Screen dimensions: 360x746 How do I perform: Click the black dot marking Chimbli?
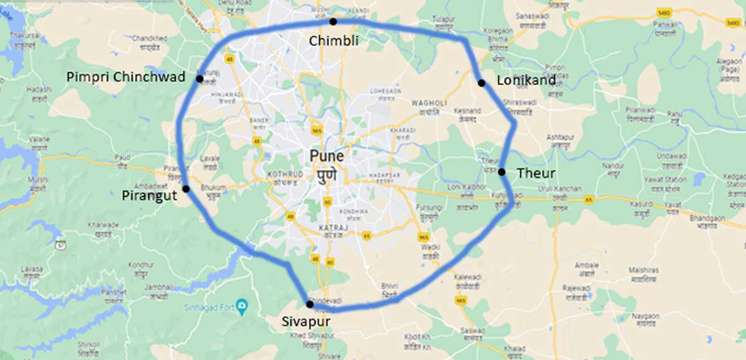333,22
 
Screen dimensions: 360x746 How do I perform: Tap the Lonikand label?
522,80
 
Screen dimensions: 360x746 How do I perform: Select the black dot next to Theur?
502,172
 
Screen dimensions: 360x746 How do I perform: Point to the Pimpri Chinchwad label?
126,77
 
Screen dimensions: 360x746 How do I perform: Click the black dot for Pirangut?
186,188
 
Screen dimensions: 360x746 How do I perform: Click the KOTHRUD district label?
283,173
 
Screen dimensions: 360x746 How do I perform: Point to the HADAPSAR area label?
382,175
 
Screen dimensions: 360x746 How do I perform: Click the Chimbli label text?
334,40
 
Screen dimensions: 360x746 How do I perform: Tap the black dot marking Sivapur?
310,304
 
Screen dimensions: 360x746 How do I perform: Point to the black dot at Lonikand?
481,83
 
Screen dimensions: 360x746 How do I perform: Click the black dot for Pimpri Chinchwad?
200,78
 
